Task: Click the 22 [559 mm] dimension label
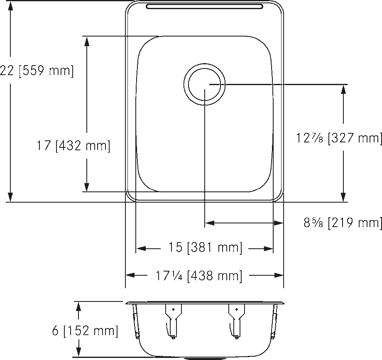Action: coord(37,71)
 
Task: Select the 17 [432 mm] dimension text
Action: coord(73,146)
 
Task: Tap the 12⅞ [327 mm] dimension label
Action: coord(339,138)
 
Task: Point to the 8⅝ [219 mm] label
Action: coord(343,223)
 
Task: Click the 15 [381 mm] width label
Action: coord(206,248)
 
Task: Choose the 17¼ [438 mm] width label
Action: coord(199,276)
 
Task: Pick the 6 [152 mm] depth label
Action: coord(85,331)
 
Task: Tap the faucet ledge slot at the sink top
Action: coord(204,6)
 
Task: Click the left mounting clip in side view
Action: coord(173,321)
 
